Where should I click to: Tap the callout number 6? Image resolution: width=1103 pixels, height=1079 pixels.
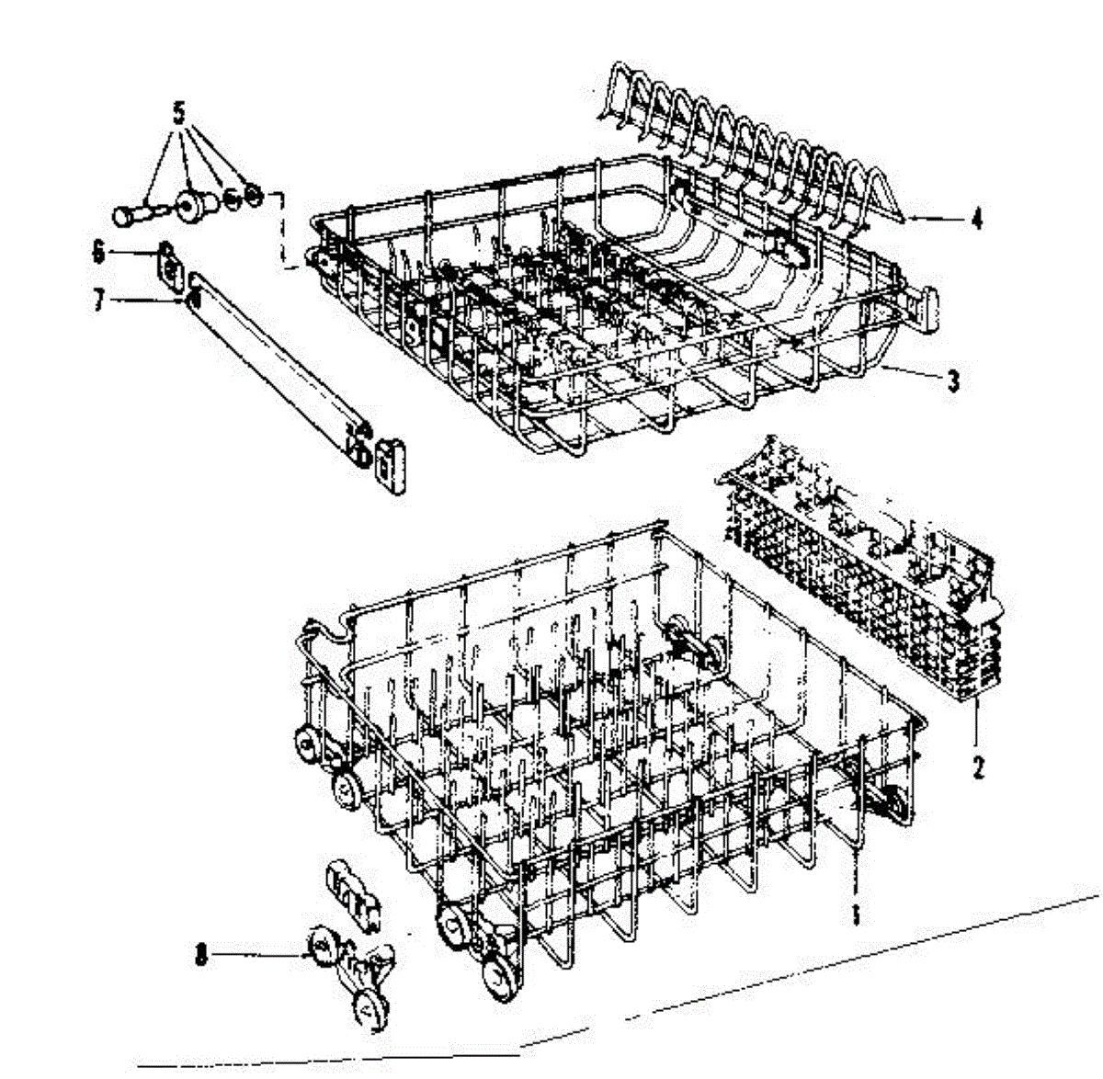coord(99,252)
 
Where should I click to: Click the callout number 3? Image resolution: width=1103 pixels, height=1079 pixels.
coord(953,379)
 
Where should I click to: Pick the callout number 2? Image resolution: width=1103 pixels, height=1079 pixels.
coord(978,765)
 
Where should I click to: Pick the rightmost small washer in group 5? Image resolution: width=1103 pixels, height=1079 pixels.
coord(255,196)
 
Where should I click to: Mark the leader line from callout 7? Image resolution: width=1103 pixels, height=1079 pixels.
coord(147,299)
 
